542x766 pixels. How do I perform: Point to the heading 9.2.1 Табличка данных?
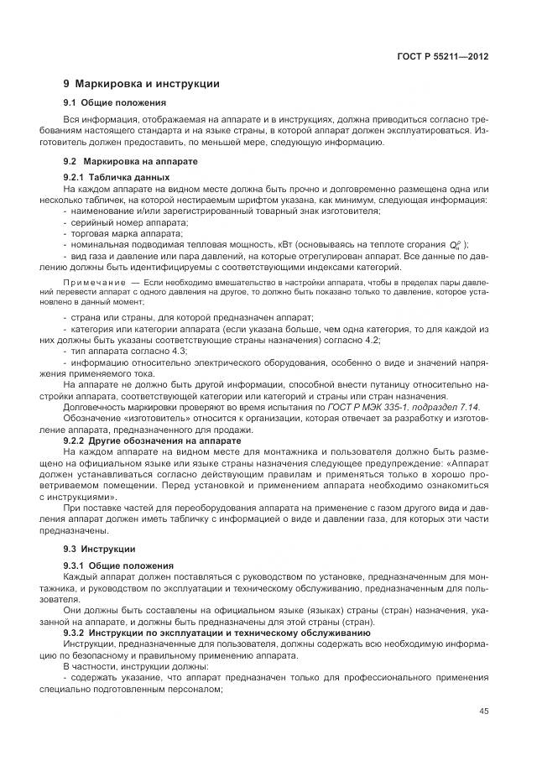117,178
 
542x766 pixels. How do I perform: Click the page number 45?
483,711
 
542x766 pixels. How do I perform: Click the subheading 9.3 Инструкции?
100,549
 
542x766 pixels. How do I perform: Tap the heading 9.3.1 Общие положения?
118,566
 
